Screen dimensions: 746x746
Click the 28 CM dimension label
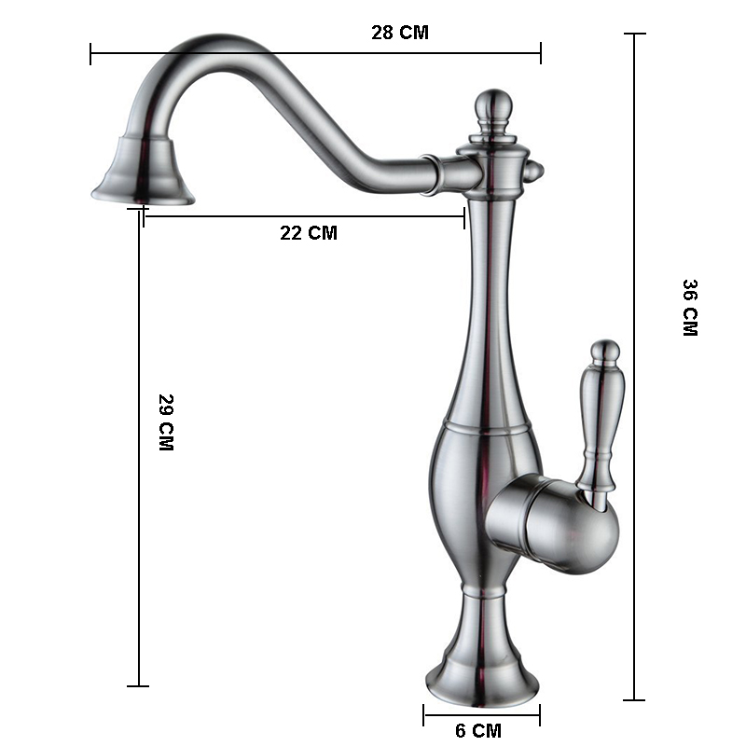[x=400, y=33]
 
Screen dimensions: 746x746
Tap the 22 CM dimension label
[x=309, y=233]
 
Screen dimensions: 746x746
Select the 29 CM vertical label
[x=166, y=422]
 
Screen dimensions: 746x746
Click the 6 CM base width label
[x=478, y=730]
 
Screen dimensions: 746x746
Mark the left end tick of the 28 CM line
[x=91, y=53]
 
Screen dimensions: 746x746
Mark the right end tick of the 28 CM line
[x=540, y=53]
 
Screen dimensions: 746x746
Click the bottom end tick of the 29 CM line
[x=138, y=686]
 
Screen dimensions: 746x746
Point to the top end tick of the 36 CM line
[x=635, y=35]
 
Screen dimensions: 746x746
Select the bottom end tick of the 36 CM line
[x=635, y=699]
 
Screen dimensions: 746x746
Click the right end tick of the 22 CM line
[x=464, y=217]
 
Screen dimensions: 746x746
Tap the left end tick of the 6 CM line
[x=424, y=716]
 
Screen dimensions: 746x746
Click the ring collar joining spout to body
[x=430, y=174]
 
